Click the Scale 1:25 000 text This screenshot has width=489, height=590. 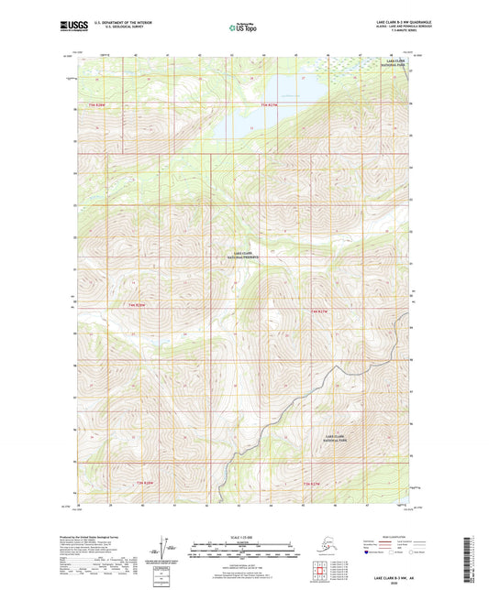point(244,535)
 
